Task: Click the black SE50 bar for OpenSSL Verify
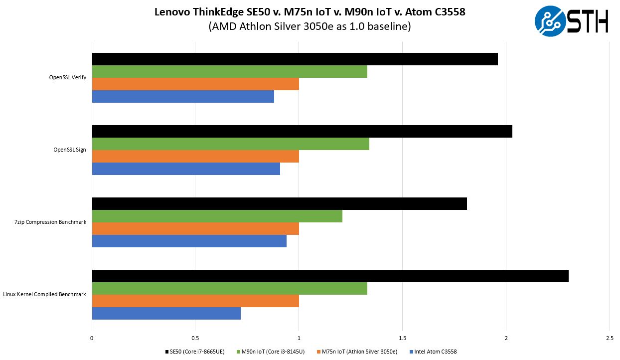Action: [x=295, y=59]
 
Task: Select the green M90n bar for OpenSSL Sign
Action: [x=230, y=144]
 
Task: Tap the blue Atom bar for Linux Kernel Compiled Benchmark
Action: [x=166, y=313]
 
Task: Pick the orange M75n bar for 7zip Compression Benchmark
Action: [x=195, y=228]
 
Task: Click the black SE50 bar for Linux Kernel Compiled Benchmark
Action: [x=330, y=276]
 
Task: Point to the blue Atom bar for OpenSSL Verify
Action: [x=183, y=96]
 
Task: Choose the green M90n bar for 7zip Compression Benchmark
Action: [x=217, y=216]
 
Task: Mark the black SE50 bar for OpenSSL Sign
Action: [x=302, y=131]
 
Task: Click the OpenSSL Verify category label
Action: [x=67, y=77]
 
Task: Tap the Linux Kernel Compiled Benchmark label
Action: [x=44, y=294]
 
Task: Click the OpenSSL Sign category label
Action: [x=69, y=150]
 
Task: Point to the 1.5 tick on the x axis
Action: [x=402, y=338]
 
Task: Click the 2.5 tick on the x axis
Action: [x=609, y=338]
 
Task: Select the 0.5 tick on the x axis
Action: [x=195, y=338]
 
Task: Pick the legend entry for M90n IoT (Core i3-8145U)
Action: [x=273, y=352]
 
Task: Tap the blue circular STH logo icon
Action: [x=550, y=21]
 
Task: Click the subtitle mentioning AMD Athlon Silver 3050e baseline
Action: [x=310, y=27]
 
